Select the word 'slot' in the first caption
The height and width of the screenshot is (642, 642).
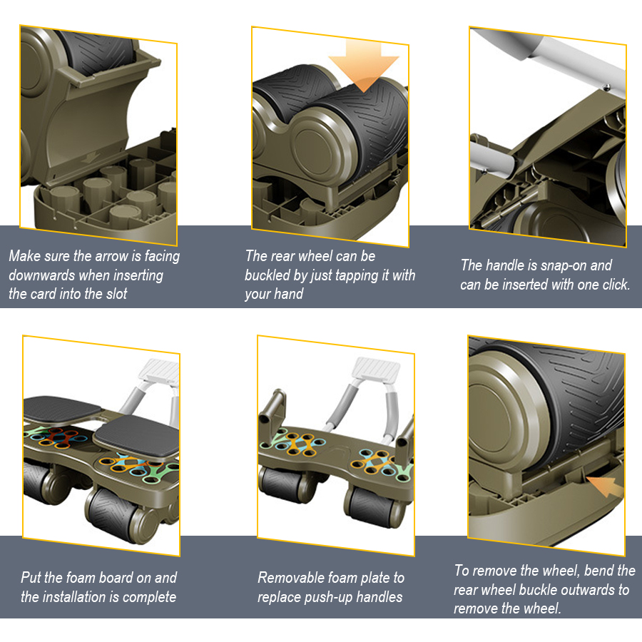113,293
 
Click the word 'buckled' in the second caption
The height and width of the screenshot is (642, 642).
270,275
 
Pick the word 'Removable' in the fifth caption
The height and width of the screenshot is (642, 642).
290,577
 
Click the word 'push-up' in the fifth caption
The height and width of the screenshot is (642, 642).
335,596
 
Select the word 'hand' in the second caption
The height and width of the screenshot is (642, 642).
287,293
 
